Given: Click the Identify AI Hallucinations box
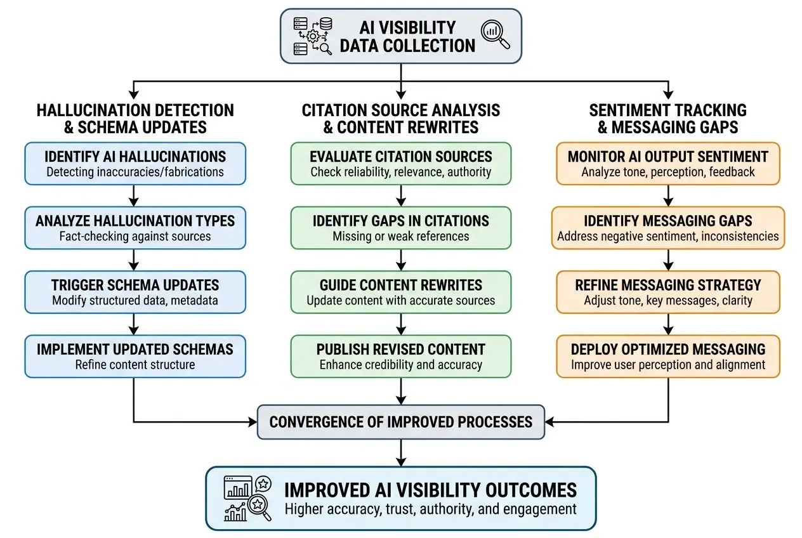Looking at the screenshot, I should tap(135, 163).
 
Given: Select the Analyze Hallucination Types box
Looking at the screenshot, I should tap(135, 228).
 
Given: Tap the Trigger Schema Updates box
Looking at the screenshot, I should tap(135, 292).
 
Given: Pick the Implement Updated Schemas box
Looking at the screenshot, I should tap(135, 357).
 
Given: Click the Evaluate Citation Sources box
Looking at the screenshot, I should tap(400, 163).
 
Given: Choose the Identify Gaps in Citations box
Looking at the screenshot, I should tap(400, 228).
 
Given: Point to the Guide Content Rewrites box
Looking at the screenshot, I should tap(400, 292).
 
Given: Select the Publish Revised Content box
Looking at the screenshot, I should tap(400, 357).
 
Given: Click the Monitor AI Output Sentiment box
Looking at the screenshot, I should tap(667, 163).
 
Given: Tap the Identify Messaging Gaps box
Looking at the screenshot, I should tap(667, 228).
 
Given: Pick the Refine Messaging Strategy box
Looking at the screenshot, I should tap(667, 292).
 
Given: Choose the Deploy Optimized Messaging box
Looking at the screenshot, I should tap(667, 357).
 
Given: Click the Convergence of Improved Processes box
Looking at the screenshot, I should tap(400, 422).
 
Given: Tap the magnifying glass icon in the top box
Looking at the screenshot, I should tap(495, 35).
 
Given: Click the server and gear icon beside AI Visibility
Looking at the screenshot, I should tap(312, 36).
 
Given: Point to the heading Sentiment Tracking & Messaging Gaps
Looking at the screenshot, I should tap(667, 118).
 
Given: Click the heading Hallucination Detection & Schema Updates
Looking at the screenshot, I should tap(135, 118).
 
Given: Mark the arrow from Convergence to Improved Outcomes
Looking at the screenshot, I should tap(400, 453).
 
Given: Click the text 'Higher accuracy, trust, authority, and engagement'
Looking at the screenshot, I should tap(430, 509).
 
